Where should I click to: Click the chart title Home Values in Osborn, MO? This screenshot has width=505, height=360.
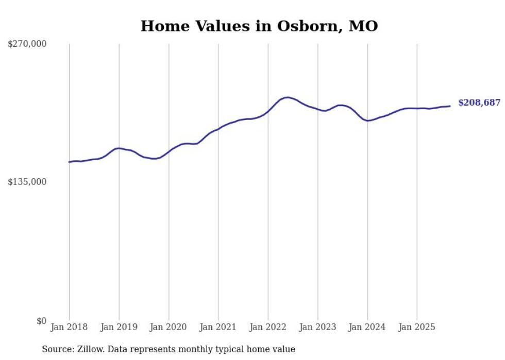pos(259,26)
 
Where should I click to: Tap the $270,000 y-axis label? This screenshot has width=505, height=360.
pos(27,44)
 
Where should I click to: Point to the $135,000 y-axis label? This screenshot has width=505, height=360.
pos(27,182)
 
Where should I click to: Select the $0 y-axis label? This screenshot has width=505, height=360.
pos(41,321)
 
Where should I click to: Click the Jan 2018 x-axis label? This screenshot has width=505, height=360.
pos(69,327)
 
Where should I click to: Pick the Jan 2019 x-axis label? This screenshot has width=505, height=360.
pos(119,327)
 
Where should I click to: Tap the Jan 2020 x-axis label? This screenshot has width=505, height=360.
pos(169,327)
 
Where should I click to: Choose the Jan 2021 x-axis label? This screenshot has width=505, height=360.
pos(218,327)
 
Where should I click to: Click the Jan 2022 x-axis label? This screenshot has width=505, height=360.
pos(268,327)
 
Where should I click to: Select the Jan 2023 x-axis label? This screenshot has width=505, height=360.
pos(317,327)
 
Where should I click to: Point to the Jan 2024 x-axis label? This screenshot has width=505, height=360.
pos(367,327)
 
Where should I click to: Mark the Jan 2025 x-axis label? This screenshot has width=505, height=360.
pos(417,327)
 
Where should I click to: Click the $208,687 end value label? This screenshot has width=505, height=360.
pos(479,103)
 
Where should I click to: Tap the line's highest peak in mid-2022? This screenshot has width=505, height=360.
pos(287,97)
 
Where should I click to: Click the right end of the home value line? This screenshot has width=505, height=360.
pos(450,106)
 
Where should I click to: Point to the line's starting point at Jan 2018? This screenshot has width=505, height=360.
pos(70,162)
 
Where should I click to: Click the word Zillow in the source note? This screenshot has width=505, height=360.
pos(87,349)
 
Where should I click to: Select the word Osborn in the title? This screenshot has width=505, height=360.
pos(300,26)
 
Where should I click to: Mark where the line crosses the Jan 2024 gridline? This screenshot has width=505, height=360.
pos(367,121)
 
